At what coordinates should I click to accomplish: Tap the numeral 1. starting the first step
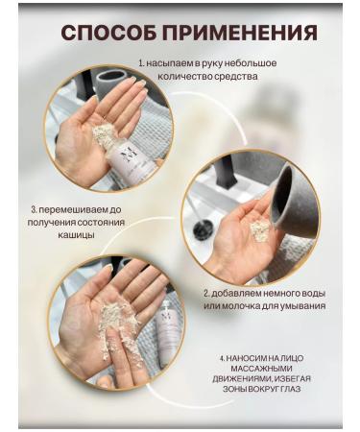[x=141, y=63]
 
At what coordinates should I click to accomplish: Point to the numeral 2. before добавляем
[x=207, y=293]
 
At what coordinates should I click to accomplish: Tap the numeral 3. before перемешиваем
[x=35, y=210]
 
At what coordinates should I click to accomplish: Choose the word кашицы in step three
[x=76, y=235]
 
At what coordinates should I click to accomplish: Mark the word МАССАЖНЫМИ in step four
[x=261, y=369]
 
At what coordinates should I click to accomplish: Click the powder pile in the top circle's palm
[x=103, y=133]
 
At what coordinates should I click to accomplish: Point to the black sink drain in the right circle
[x=201, y=228]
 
